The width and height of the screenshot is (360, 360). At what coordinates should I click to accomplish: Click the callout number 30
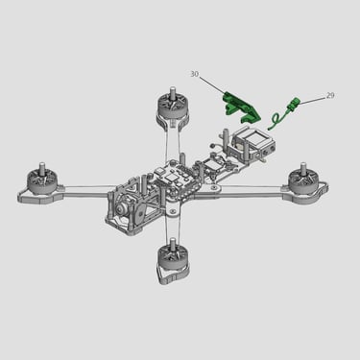pyautogui.click(x=194, y=74)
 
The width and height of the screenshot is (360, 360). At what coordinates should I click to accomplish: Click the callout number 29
pyautogui.click(x=330, y=95)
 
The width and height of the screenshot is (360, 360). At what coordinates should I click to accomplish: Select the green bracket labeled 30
pyautogui.click(x=242, y=108)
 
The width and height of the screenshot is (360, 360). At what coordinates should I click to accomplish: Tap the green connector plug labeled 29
pyautogui.click(x=294, y=104)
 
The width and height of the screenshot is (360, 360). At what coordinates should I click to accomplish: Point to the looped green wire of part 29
pyautogui.click(x=276, y=121)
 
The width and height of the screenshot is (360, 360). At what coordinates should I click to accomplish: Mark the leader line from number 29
pyautogui.click(x=312, y=100)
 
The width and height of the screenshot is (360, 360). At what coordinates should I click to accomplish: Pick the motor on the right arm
pyautogui.click(x=303, y=180)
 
